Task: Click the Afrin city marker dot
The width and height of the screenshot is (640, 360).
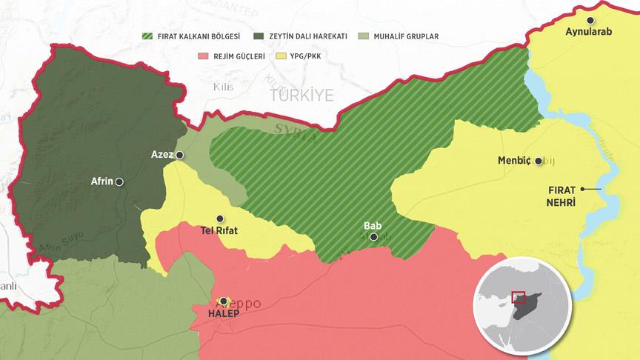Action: click(119, 181)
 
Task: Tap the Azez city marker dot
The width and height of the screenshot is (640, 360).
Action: click(179, 155)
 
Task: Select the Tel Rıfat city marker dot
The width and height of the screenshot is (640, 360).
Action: click(219, 219)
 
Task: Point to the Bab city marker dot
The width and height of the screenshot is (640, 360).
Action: click(373, 237)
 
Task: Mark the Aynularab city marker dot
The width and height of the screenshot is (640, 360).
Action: click(590, 20)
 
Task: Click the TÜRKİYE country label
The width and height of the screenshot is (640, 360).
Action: click(301, 95)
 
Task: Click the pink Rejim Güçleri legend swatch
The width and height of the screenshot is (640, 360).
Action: click(204, 56)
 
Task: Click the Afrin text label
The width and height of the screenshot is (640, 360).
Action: click(101, 180)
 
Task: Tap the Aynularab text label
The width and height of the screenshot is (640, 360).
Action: click(590, 33)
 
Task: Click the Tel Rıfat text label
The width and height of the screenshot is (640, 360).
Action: click(219, 230)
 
